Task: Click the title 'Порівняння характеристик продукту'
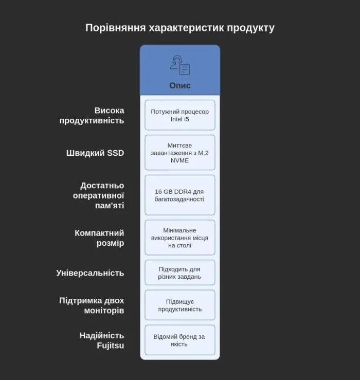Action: [180, 28]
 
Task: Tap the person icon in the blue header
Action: [180, 65]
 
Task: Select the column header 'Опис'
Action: [180, 85]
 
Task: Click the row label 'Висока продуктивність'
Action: [92, 115]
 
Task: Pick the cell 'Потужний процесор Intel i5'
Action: [180, 115]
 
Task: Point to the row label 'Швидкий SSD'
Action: [95, 153]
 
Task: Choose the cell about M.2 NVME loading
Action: [180, 153]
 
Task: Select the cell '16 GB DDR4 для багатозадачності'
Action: [180, 195]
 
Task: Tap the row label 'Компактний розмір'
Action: [99, 238]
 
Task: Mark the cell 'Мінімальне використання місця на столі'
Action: [180, 238]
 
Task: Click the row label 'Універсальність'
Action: [90, 273]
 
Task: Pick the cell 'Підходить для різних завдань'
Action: [180, 273]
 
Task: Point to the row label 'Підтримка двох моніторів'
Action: [92, 305]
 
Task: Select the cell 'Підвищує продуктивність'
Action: [180, 305]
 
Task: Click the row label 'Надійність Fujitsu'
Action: [102, 340]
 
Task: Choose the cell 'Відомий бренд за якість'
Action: [180, 340]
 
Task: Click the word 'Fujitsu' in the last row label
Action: [110, 346]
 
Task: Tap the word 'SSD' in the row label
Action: [115, 153]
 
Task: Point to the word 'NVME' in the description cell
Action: [180, 160]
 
